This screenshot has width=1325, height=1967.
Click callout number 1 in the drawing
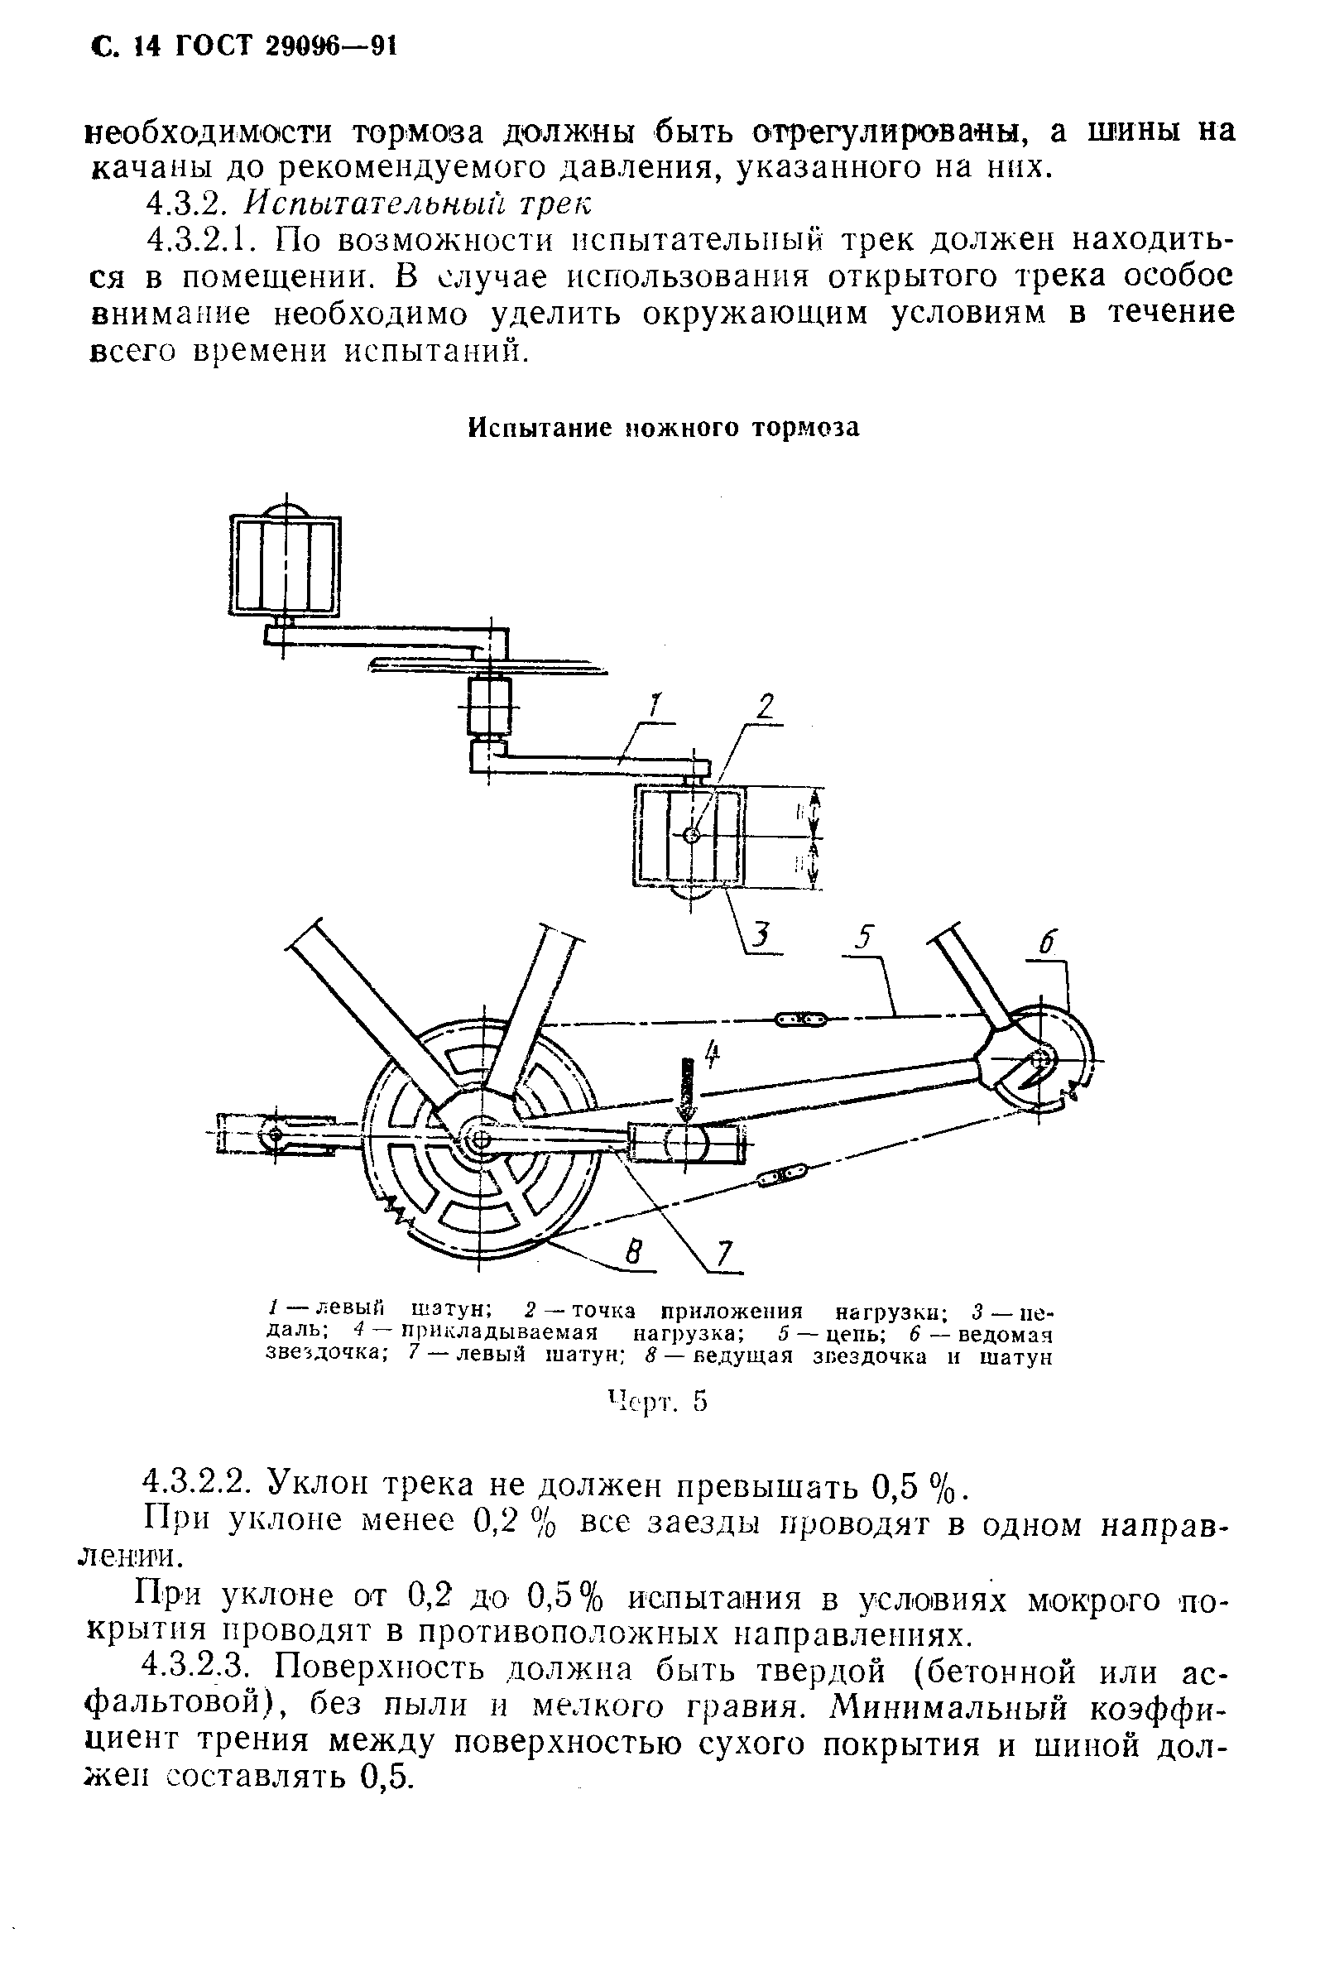click(x=655, y=706)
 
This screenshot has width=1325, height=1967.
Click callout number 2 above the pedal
click(x=764, y=706)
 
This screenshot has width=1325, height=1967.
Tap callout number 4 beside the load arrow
click(x=713, y=1055)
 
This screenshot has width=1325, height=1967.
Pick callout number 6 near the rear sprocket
click(x=1048, y=942)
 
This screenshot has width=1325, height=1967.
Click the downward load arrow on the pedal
click(x=688, y=1091)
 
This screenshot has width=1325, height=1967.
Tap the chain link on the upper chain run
click(x=799, y=1020)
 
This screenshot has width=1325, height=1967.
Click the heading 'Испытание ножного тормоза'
click(x=664, y=429)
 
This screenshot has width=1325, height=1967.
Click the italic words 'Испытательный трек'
click(x=418, y=204)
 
